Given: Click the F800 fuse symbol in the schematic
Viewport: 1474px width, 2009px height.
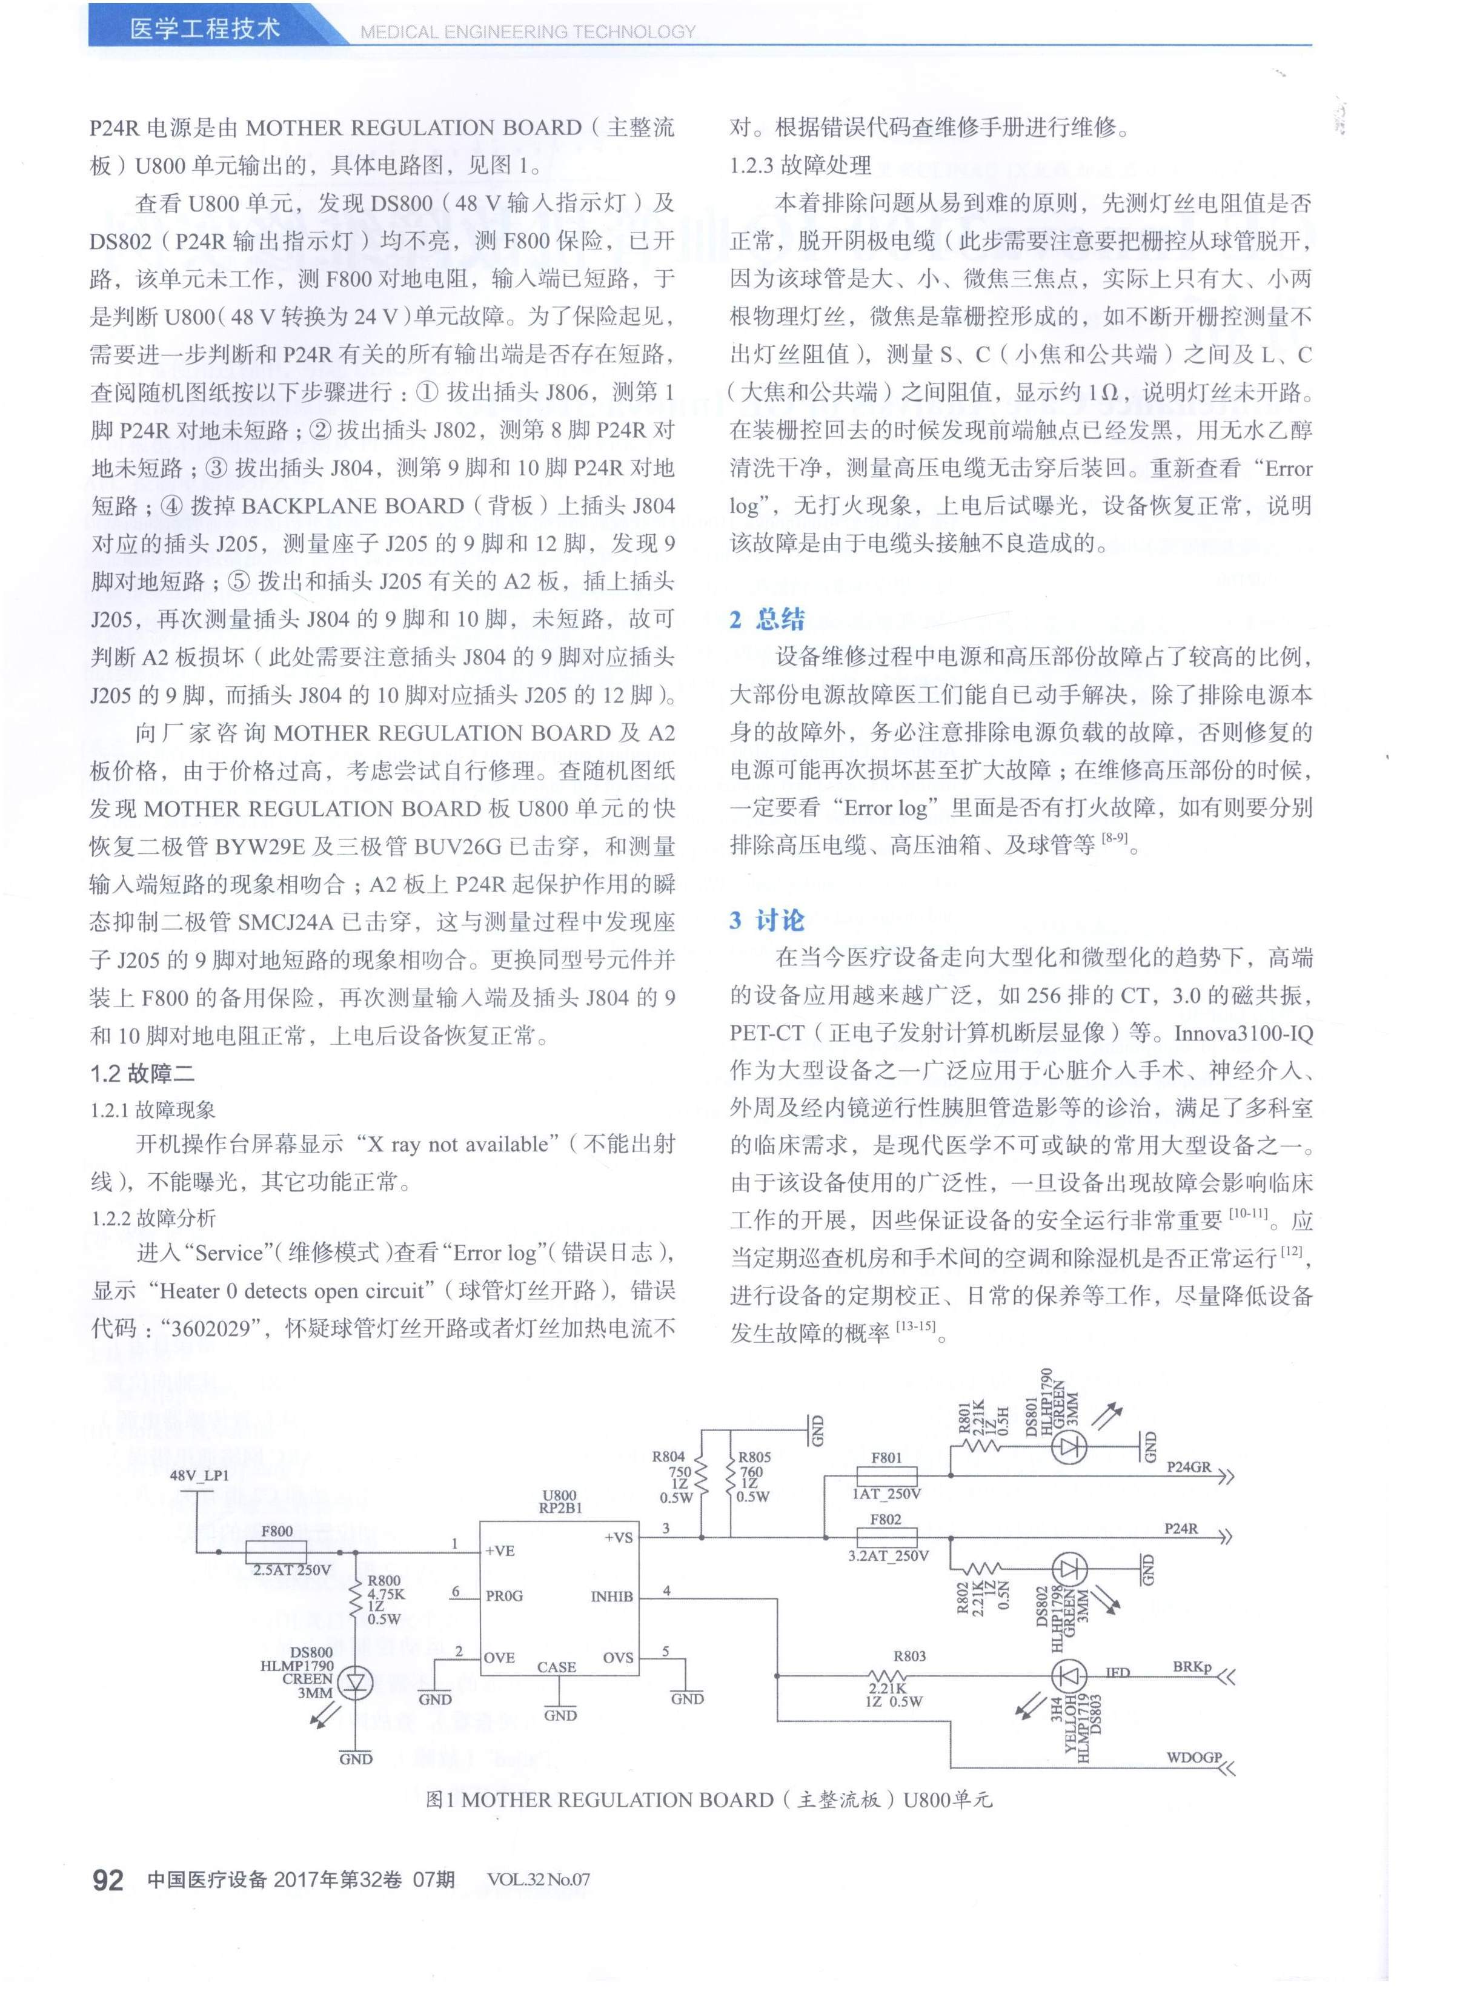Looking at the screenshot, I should [x=277, y=1551].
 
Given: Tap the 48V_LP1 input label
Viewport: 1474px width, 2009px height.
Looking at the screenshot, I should [x=199, y=1475].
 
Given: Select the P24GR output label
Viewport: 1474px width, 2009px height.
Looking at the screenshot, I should [x=1189, y=1466].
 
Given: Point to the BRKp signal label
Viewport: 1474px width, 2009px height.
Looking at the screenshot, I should [x=1192, y=1666].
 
